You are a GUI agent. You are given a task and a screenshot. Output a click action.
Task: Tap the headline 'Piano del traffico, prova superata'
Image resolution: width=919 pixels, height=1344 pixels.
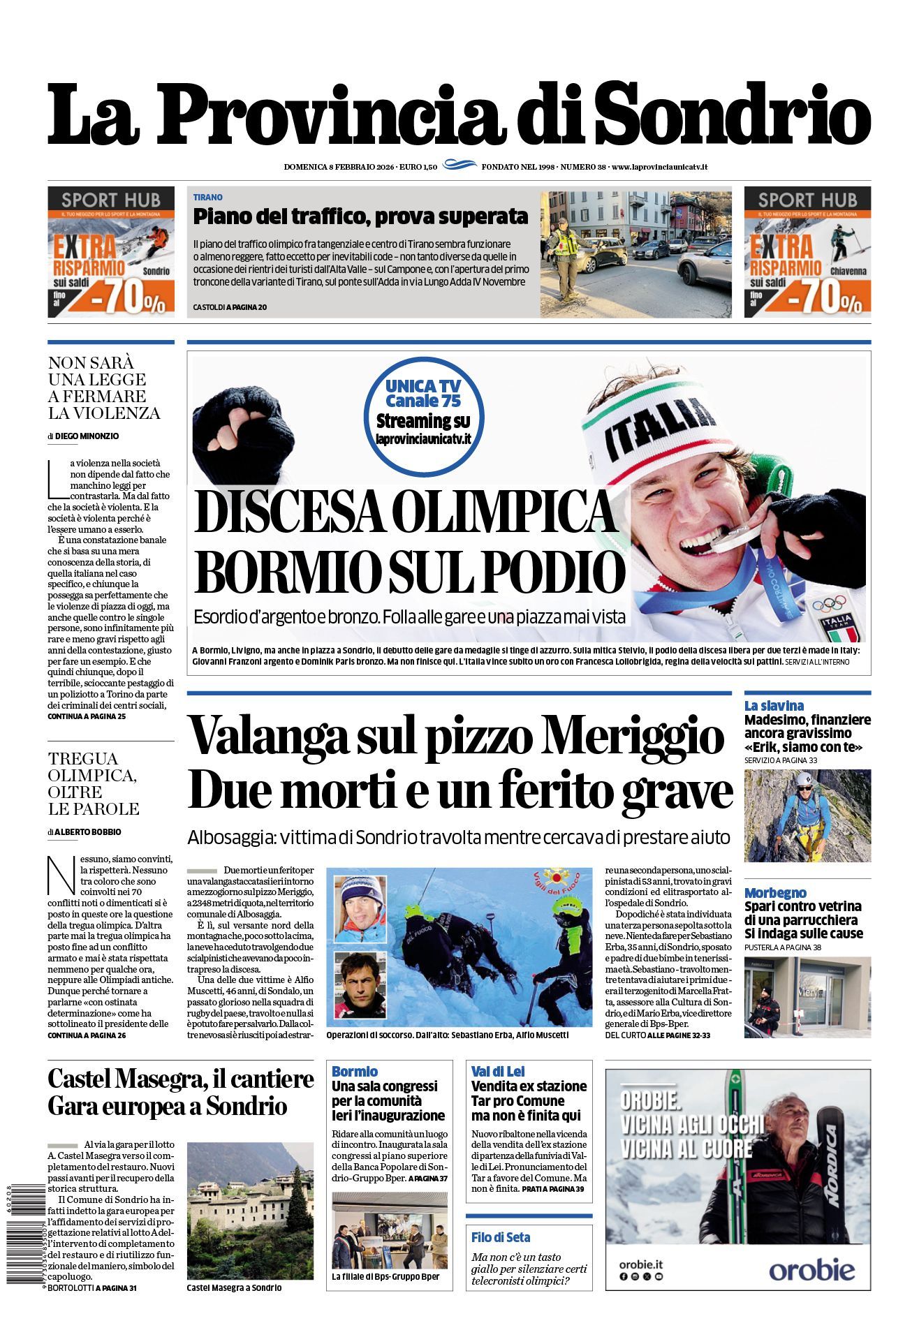pyautogui.click(x=360, y=216)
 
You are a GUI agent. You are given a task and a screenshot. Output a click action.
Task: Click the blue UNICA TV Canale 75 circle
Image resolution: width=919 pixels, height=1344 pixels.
pyautogui.click(x=423, y=412)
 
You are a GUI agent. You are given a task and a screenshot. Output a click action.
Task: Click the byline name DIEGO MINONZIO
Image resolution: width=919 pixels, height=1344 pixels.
pyautogui.click(x=87, y=436)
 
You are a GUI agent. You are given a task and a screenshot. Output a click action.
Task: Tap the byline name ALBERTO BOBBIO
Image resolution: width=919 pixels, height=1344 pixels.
pyautogui.click(x=87, y=832)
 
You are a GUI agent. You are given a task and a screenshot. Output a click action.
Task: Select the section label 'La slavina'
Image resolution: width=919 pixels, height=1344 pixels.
pyautogui.click(x=774, y=705)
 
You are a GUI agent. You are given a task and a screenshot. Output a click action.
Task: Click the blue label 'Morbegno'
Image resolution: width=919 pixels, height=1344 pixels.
pyautogui.click(x=775, y=892)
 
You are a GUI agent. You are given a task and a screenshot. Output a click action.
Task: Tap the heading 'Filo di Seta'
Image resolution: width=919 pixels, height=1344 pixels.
pyautogui.click(x=500, y=1237)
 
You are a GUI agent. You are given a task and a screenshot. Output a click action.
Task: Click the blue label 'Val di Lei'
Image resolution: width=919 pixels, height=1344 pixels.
pyautogui.click(x=498, y=1071)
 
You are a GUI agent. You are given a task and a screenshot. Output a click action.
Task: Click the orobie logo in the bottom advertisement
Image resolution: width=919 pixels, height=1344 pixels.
pyautogui.click(x=811, y=1269)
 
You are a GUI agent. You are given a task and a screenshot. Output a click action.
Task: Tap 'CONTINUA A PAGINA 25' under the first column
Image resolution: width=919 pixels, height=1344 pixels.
pyautogui.click(x=87, y=716)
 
